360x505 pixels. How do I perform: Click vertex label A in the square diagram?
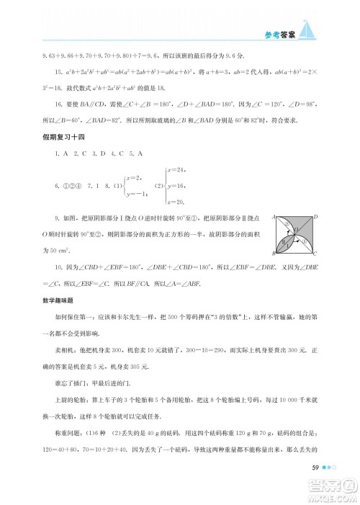pos(273,216)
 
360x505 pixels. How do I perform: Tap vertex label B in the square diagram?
pos(273,253)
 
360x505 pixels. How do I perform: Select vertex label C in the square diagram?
pos(315,254)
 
